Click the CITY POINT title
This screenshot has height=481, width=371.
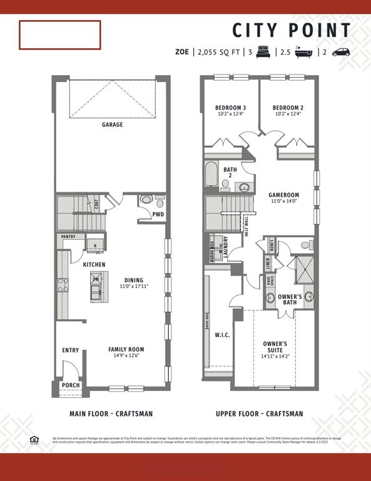(x=292, y=30)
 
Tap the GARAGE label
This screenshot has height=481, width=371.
(x=113, y=125)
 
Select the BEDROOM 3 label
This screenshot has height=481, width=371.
(x=230, y=108)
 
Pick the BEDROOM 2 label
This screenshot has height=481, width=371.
(x=288, y=108)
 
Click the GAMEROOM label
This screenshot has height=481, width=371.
(x=285, y=195)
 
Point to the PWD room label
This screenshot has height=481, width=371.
(x=158, y=214)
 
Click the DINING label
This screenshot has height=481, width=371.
(x=134, y=280)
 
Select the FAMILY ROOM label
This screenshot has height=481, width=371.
(x=126, y=349)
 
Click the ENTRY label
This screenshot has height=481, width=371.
(x=71, y=351)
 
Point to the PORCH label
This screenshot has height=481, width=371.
(x=71, y=385)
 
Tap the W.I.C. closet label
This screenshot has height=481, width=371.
(x=222, y=335)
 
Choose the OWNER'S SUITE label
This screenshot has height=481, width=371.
(x=275, y=347)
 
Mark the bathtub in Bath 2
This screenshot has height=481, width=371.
(x=211, y=175)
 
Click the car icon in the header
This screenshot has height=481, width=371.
(x=341, y=53)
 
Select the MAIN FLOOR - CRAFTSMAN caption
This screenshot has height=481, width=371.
(x=111, y=414)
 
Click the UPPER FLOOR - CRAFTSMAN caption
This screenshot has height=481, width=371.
(x=259, y=414)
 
